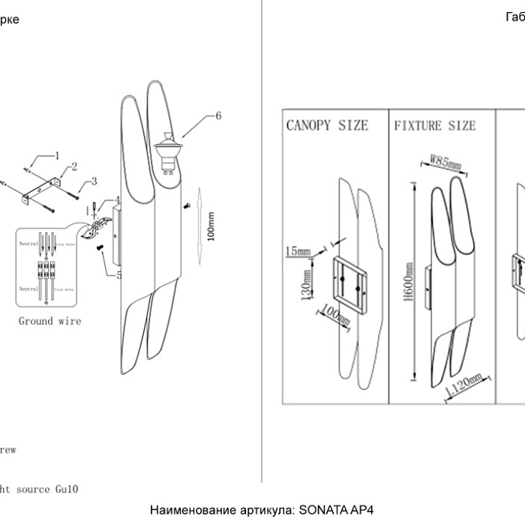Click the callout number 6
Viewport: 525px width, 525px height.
217,115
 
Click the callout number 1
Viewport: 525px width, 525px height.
55,156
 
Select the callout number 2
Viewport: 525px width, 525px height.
74,166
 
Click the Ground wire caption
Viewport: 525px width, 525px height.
50,321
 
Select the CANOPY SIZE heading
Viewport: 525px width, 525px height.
327,124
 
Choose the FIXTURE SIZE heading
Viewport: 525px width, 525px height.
435,124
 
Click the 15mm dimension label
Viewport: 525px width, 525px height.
298,252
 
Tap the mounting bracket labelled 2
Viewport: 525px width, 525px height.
40,187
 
